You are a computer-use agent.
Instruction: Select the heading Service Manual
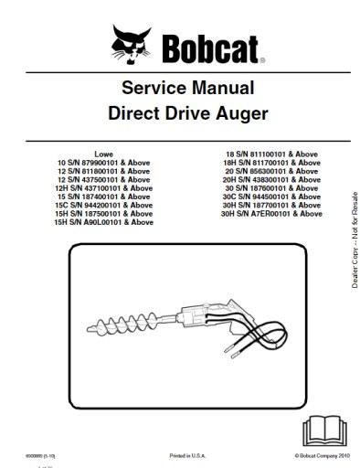[180, 90]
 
